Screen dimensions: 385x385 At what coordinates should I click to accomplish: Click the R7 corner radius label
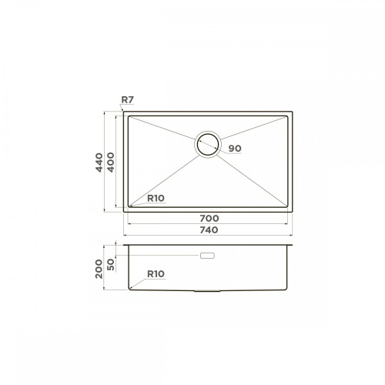click(x=128, y=100)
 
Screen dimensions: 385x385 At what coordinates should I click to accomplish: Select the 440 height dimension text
click(x=99, y=162)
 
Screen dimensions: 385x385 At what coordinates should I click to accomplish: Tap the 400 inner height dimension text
click(x=111, y=162)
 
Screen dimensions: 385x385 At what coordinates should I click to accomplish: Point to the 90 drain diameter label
click(x=235, y=149)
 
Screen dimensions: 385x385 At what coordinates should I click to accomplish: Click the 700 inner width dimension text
click(x=209, y=219)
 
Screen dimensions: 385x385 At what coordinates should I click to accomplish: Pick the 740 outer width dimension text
click(x=209, y=230)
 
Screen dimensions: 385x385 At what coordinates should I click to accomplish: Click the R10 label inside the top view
click(x=156, y=198)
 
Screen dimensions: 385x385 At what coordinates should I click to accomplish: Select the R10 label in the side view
click(x=156, y=274)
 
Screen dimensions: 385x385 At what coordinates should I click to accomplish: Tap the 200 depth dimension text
click(x=99, y=269)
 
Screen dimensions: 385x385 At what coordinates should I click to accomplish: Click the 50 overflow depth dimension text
click(x=111, y=265)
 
